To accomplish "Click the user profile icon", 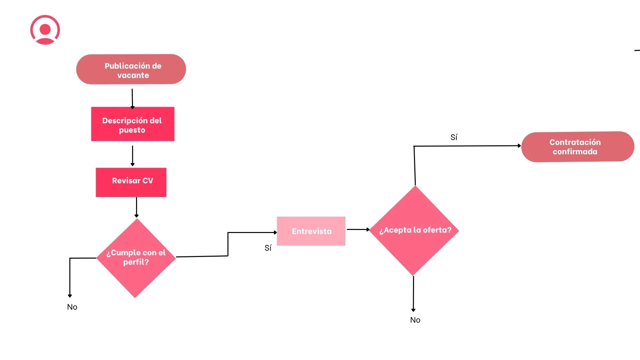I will [45, 30].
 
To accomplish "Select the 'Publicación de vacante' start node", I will [131, 69].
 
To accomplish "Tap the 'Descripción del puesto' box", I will [133, 124].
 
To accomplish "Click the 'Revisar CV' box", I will [131, 182].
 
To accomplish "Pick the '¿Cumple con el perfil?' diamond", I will [136, 258].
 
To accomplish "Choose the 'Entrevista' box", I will [311, 231].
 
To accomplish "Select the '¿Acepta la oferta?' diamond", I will [414, 230].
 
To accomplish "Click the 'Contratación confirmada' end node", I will [578, 147].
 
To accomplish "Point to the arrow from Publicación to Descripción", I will [132, 98].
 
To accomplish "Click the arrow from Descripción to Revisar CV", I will [133, 155].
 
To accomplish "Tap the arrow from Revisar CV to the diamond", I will [136, 207].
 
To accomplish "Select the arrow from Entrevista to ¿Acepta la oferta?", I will [358, 229].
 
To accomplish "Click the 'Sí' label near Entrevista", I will [268, 248].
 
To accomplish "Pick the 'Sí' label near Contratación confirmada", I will [454, 137].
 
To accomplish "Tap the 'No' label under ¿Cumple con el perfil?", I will [72, 307].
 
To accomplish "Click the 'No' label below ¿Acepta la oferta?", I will [415, 320].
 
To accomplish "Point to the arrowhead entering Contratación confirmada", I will [519, 146].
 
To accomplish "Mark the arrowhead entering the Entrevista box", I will [275, 232].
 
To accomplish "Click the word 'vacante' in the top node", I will [133, 75].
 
